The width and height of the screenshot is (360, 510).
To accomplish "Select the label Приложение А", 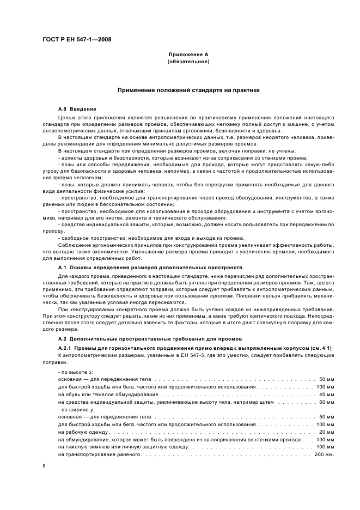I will coord(188,55).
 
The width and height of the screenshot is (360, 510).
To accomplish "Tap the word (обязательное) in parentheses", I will coord(188,62).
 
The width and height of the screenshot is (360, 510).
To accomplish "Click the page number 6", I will coord(44,466).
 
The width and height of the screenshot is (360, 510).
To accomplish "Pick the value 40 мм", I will coord(326,393).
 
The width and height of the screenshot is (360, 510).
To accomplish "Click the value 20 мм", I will coord(326,431).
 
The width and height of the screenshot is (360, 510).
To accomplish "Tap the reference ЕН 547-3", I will coord(159,355).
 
